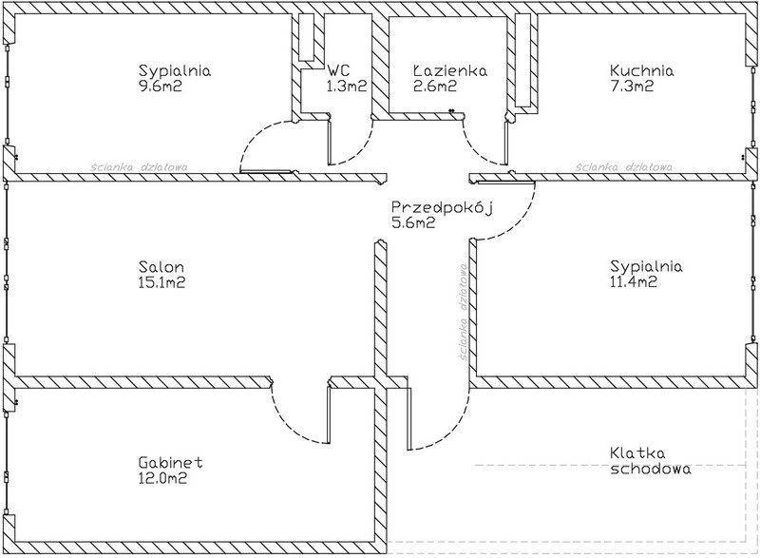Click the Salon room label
[161, 267]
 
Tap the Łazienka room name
[450, 69]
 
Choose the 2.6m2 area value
[434, 86]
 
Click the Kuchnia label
[642, 69]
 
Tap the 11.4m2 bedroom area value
[636, 282]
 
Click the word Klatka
[629, 453]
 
